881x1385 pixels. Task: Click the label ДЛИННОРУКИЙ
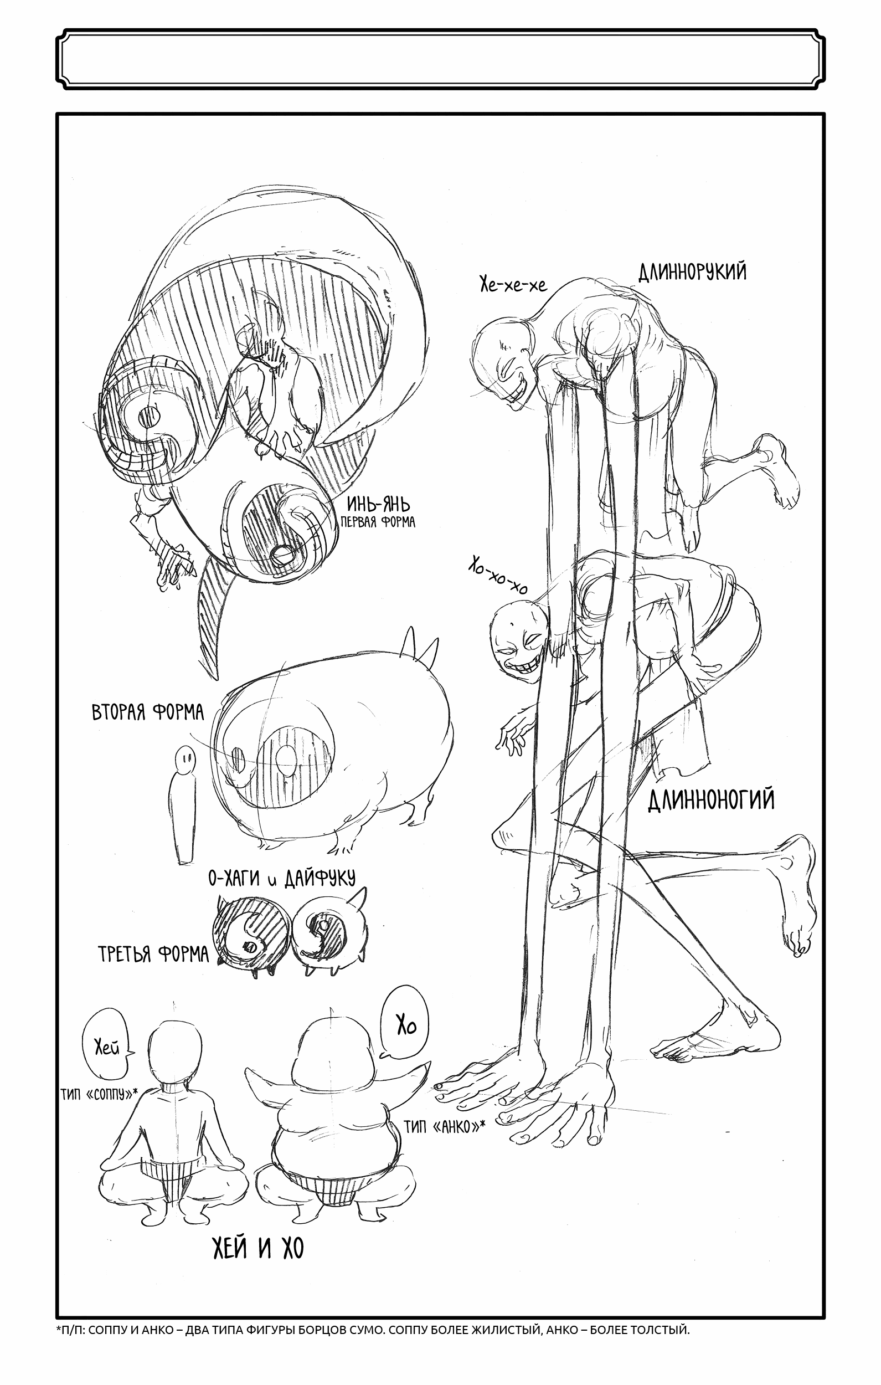click(692, 271)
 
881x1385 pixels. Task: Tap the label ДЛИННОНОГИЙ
click(711, 800)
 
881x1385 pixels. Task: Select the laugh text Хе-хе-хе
click(513, 284)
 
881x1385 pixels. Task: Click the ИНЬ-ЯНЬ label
click(378, 505)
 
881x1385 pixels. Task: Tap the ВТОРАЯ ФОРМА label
click(148, 712)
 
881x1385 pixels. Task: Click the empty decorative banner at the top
click(441, 59)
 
